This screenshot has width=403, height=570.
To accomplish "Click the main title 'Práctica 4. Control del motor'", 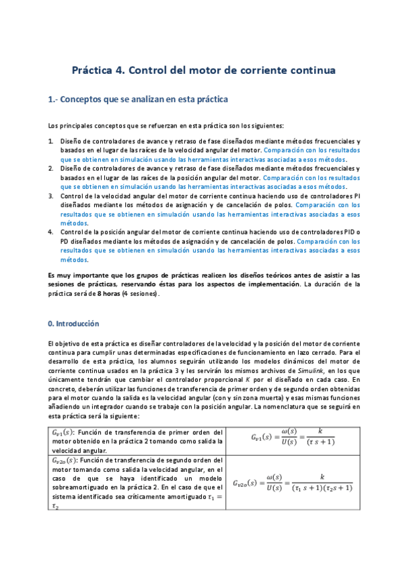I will [x=202, y=70].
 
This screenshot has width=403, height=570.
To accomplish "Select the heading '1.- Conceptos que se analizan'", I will [x=138, y=99].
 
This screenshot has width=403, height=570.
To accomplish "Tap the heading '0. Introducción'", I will [x=73, y=323].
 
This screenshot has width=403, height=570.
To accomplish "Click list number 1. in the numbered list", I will [x=51, y=142].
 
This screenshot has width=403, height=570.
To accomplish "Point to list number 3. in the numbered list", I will [x=51, y=196].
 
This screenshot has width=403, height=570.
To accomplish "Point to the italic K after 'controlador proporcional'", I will [x=247, y=379].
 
